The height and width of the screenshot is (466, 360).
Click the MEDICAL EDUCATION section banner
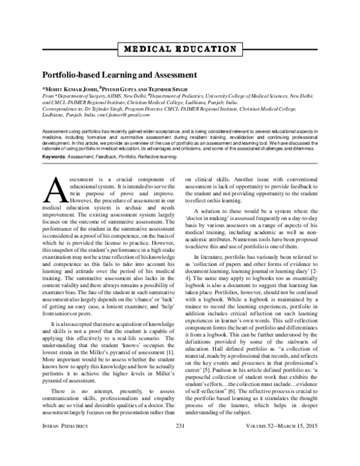(x=179, y=48)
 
